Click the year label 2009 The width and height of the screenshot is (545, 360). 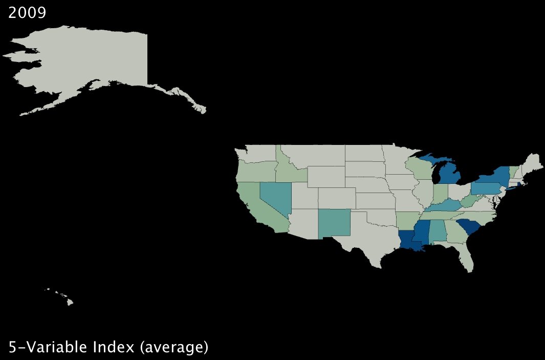tap(27, 12)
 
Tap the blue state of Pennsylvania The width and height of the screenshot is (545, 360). tap(483, 188)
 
